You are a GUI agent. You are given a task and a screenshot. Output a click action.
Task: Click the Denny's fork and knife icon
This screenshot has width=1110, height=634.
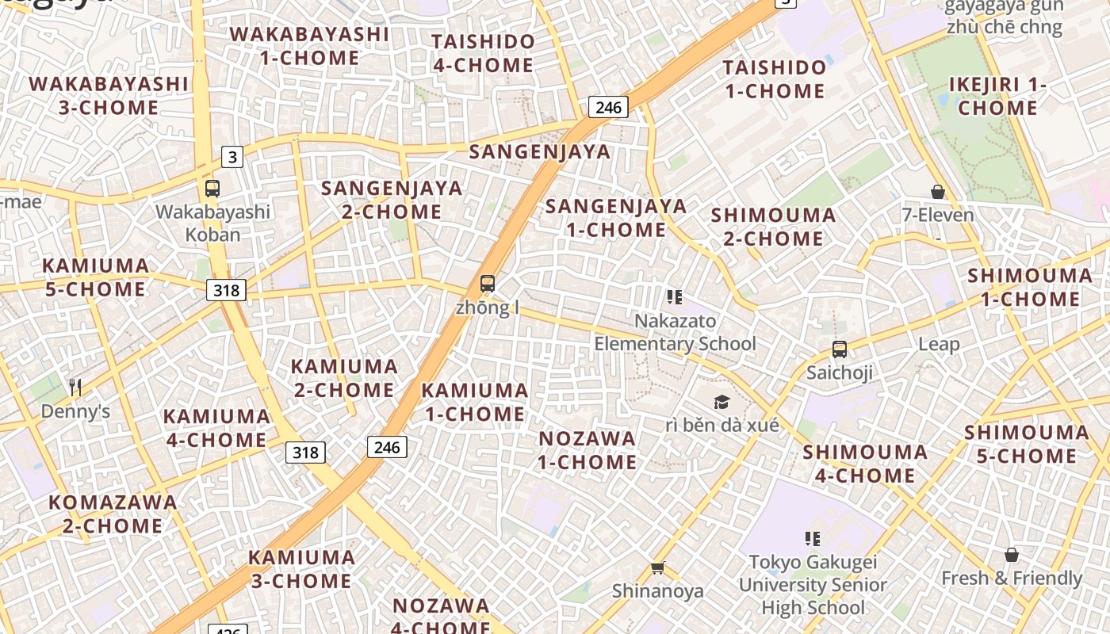point(75,387)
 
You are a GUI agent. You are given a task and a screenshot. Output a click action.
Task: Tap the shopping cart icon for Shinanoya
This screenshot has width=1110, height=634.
point(657,567)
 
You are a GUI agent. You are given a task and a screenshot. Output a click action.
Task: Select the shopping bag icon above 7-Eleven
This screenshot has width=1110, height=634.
point(938,192)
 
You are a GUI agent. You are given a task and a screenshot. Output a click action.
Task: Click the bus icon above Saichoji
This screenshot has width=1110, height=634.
point(839,349)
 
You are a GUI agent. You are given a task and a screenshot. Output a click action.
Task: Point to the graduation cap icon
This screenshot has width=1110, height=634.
point(721,402)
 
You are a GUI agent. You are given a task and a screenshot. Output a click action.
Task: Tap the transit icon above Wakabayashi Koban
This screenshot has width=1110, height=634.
point(212,189)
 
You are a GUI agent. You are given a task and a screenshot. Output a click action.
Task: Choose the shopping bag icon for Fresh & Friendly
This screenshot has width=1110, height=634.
point(1011,555)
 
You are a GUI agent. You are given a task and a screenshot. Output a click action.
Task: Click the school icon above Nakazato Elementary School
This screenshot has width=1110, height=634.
point(675,297)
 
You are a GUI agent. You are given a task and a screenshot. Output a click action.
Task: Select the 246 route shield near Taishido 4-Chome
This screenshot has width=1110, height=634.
point(608,107)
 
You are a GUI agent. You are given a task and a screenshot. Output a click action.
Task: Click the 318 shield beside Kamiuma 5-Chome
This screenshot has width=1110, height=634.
point(226,290)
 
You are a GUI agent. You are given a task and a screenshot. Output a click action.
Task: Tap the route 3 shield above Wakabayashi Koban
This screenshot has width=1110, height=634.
point(232,157)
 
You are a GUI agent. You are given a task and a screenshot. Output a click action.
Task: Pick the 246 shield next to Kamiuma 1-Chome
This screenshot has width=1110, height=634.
point(387,447)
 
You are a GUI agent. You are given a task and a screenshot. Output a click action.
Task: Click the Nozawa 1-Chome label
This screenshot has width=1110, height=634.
point(588,450)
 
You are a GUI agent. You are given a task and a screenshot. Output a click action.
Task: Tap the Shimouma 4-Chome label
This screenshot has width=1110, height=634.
point(865,464)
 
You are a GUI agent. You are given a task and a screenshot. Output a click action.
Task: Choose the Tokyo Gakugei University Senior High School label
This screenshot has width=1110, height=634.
point(813,585)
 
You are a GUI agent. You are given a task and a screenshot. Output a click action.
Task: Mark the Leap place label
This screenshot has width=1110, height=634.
point(939,344)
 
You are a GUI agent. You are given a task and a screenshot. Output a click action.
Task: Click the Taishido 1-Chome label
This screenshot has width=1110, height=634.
point(775,79)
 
